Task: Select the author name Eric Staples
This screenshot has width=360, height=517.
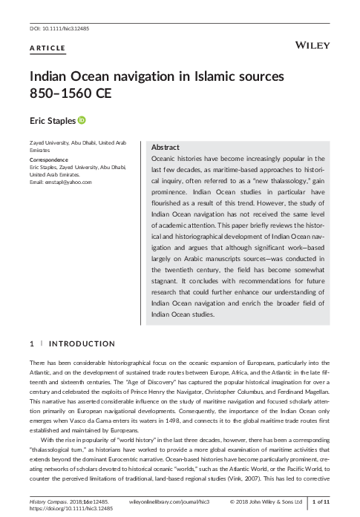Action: pos(53,121)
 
